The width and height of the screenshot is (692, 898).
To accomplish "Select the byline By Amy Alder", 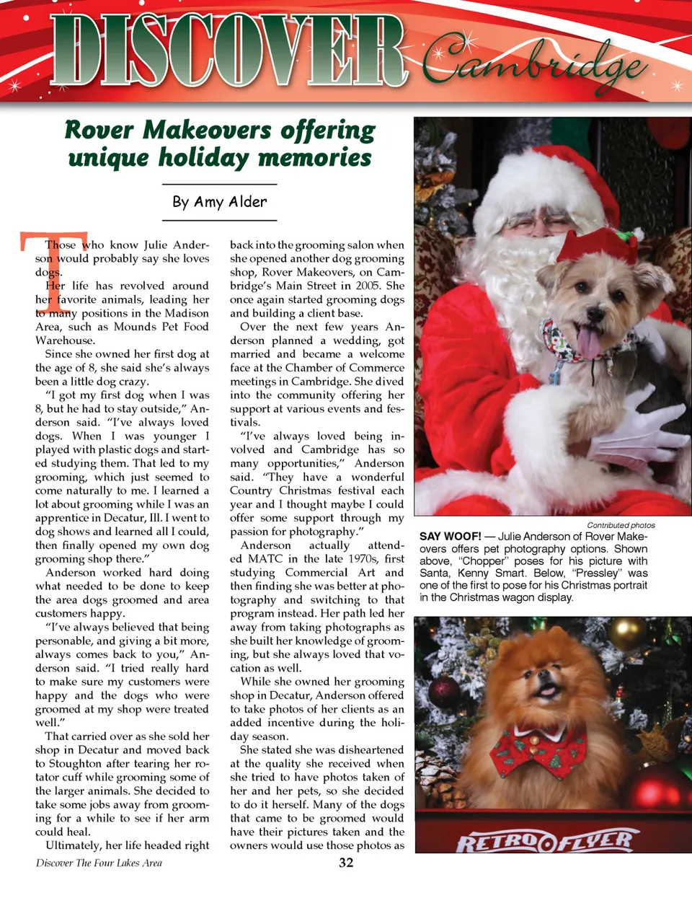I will point(220,202).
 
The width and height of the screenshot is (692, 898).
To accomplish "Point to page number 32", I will point(346,863).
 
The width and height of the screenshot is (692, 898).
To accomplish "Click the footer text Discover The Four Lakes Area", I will point(99,863).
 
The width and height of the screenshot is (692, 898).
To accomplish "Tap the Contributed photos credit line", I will point(621,525).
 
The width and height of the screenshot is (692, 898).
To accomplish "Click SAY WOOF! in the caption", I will point(451,537).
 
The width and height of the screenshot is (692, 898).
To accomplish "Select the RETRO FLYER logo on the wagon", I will point(545,841).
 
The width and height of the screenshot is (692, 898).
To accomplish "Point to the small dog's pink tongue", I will point(588,343).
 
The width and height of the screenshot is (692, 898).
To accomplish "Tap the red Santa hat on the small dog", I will point(593,247).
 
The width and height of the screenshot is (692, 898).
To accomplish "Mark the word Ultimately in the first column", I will point(73,845).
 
